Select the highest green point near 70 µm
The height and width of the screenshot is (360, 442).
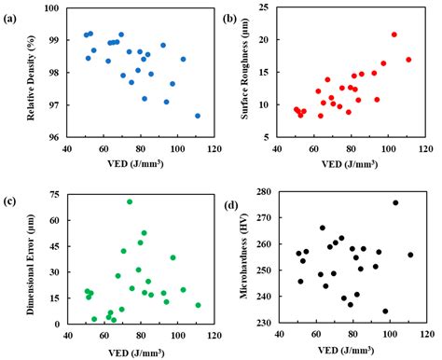130,201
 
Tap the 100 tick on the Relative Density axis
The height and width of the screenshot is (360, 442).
51,8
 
